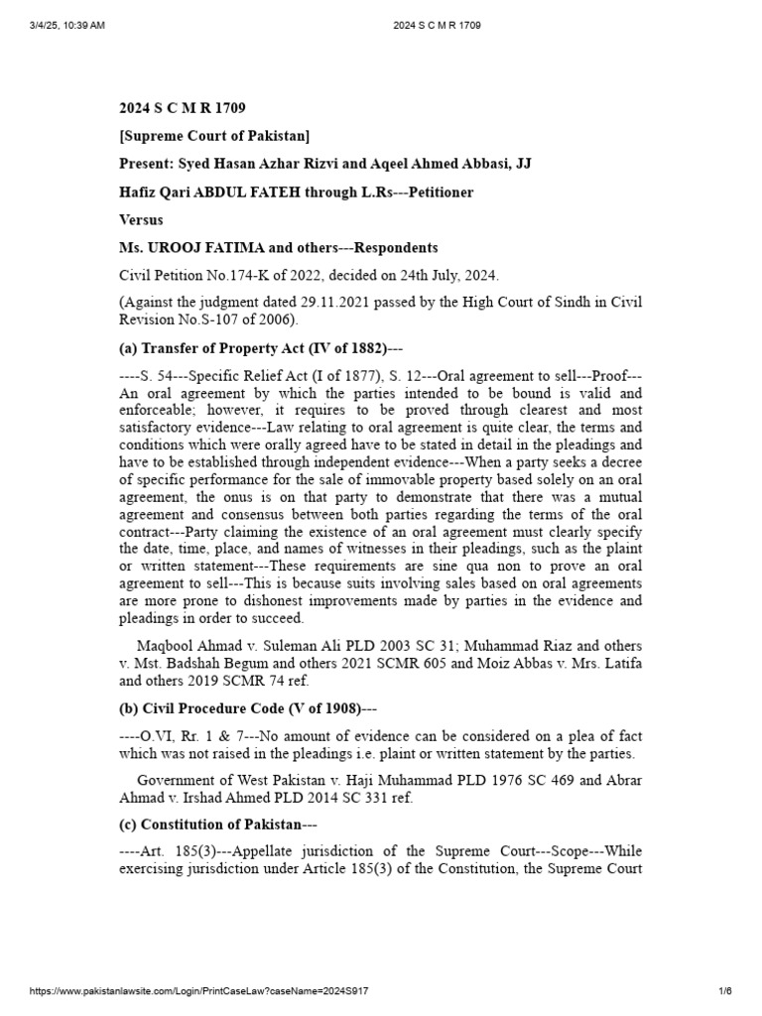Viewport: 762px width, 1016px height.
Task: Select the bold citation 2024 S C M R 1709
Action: [x=183, y=107]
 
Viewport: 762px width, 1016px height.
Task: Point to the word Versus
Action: [x=141, y=219]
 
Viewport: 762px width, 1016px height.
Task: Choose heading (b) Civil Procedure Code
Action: [x=249, y=708]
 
